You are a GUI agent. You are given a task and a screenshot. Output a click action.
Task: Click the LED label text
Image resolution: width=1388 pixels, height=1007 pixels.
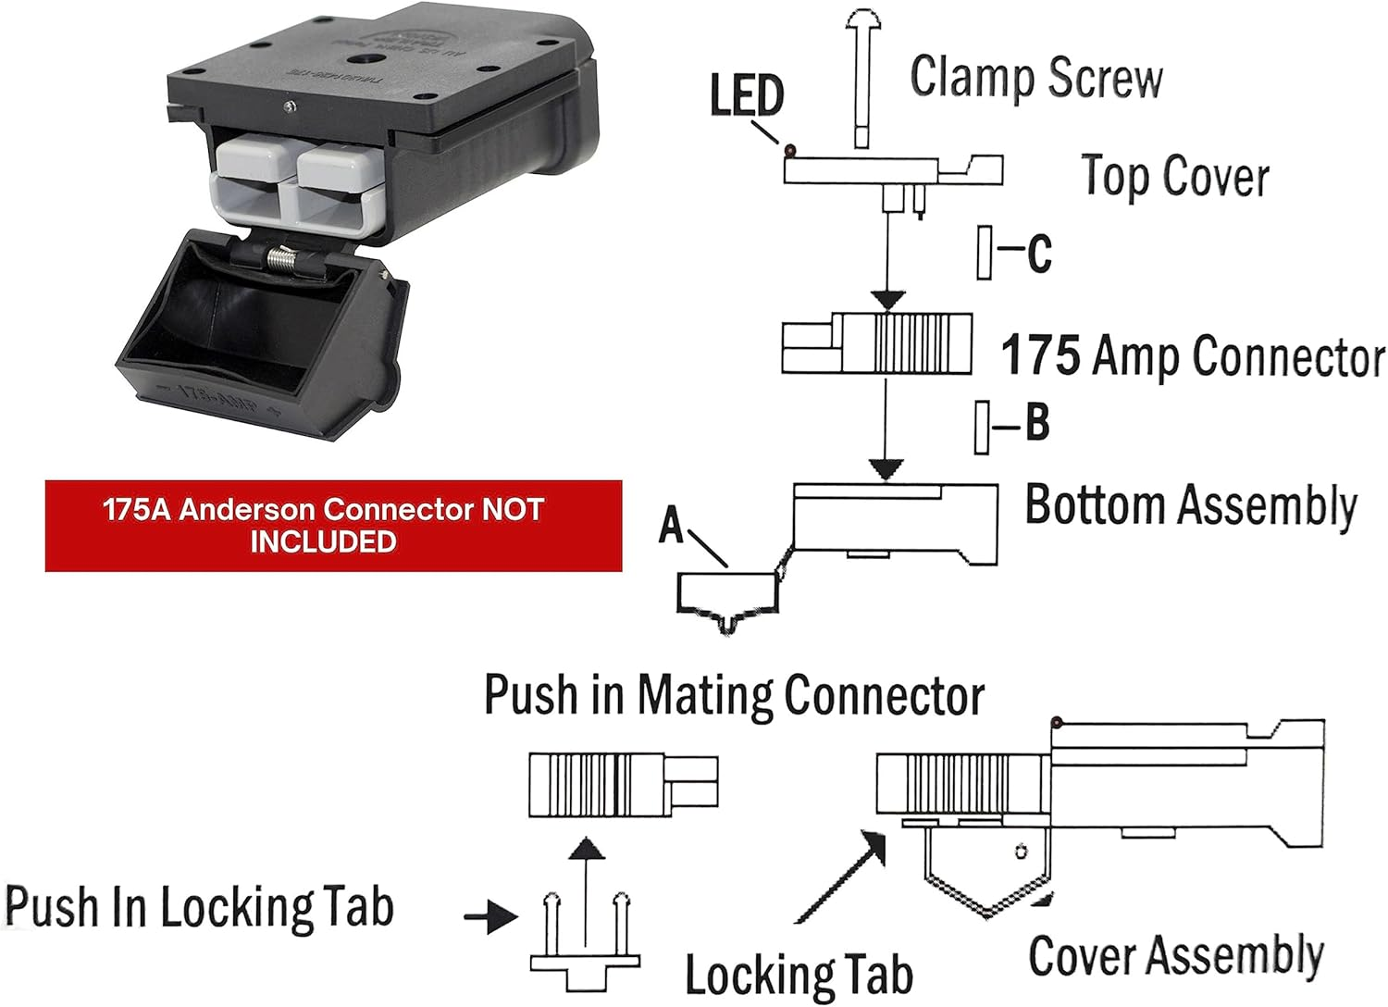pos(747,95)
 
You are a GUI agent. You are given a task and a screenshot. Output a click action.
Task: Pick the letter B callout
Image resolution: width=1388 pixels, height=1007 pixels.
pos(1037,423)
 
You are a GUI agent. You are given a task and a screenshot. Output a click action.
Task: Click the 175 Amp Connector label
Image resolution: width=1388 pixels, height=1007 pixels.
pos(1192,356)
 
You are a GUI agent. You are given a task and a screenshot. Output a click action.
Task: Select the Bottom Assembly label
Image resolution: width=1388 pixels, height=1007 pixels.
pos(1190,506)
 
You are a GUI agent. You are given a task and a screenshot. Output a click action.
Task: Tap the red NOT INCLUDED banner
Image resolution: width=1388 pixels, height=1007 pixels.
pos(333,525)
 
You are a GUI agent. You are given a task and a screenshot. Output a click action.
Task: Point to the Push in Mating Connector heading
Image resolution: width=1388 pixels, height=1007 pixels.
pos(734,696)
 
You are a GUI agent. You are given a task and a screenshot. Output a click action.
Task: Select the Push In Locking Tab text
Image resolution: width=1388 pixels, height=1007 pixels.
pos(199,908)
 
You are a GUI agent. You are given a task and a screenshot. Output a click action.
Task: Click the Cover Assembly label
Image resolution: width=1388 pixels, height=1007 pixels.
pos(1175,955)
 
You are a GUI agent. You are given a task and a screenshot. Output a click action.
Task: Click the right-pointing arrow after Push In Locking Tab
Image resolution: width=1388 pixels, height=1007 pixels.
pos(490,917)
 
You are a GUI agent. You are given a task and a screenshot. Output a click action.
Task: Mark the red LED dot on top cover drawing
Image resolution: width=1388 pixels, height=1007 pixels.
pos(789,150)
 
